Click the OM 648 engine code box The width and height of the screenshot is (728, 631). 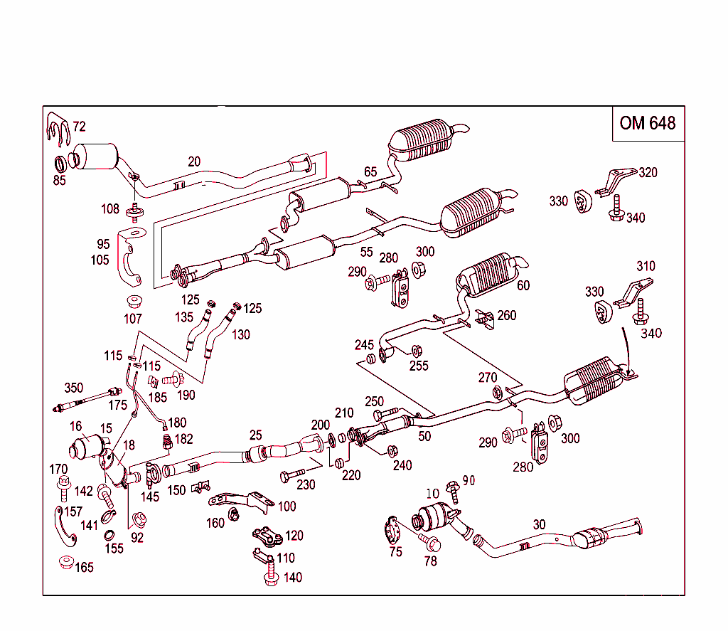(648, 123)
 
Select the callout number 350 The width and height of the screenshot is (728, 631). (73, 388)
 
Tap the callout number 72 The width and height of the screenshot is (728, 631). (79, 127)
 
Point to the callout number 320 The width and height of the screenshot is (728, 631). (648, 172)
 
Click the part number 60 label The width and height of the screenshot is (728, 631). (523, 285)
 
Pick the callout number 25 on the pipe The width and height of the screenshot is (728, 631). (255, 435)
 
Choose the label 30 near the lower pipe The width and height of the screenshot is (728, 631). (540, 524)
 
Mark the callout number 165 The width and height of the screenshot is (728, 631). (84, 568)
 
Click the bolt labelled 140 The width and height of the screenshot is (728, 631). (270, 577)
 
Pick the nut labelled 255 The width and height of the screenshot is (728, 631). (417, 350)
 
